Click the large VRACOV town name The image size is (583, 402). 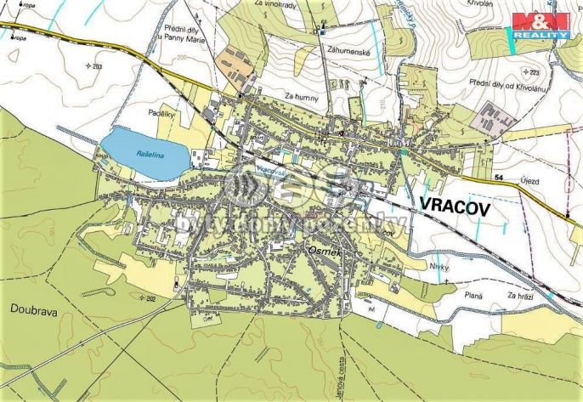pos(456,206)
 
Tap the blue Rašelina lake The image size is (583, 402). pos(145,153)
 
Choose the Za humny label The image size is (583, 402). pos(301,96)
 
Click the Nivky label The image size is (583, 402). pos(438,268)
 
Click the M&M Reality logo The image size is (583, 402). pos(539,25)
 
